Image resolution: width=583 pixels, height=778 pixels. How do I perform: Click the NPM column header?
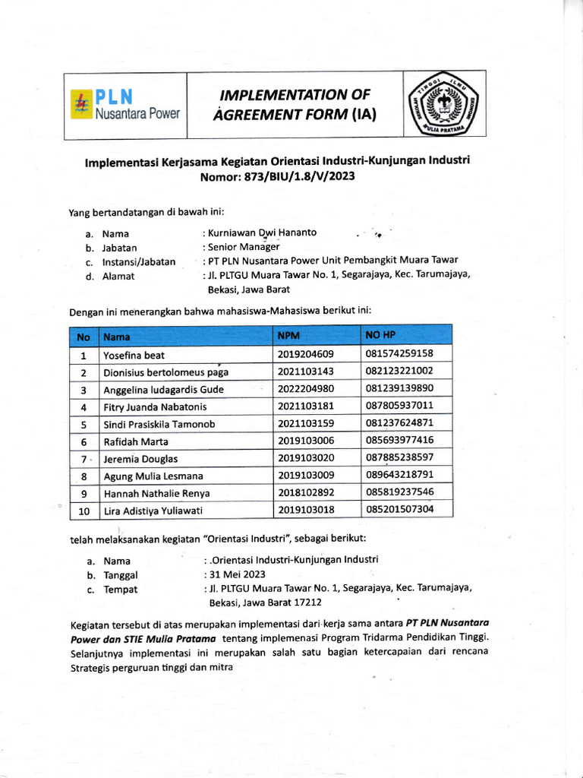(289, 336)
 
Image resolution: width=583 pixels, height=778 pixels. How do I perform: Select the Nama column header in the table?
(117, 337)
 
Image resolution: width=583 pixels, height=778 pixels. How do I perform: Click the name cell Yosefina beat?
(134, 355)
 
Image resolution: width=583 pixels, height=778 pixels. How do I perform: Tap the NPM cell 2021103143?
(306, 372)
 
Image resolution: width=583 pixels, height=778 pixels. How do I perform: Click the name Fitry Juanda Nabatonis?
(155, 406)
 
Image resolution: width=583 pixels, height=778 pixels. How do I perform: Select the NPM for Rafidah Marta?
(306, 441)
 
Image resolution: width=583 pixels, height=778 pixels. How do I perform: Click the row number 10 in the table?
(84, 511)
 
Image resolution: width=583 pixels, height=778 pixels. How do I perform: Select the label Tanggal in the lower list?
(121, 575)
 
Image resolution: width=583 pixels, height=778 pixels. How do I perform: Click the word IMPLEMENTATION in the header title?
(295, 95)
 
